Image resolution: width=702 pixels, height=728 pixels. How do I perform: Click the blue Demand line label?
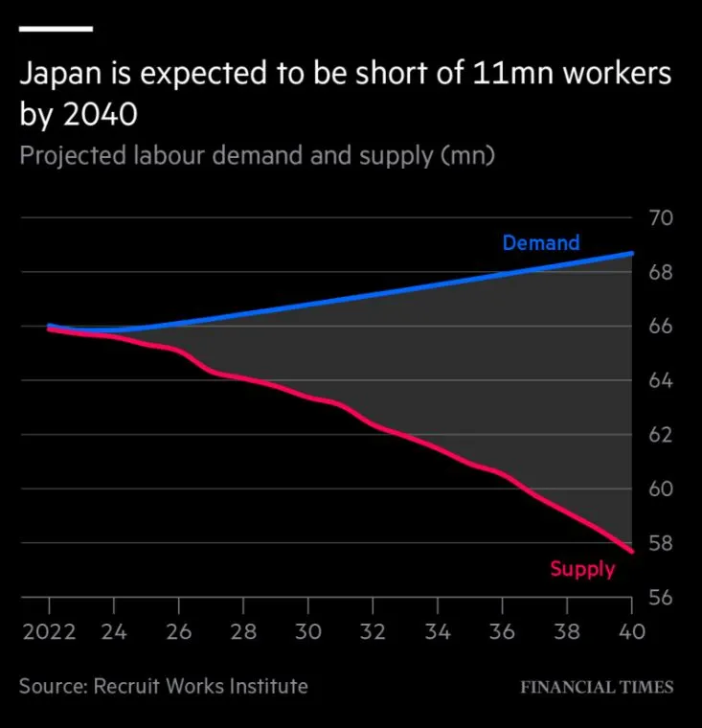pos(540,243)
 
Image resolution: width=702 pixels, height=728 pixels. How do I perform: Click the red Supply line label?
pos(582,569)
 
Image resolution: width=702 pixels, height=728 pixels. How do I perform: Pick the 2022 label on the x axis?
pos(48,632)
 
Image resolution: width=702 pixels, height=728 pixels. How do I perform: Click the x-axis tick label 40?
pos(630,632)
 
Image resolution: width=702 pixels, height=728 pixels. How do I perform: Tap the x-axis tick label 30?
pos(307,632)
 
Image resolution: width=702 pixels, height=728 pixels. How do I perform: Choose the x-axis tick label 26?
pos(178,632)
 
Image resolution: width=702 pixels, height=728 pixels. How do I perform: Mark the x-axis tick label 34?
pos(437,632)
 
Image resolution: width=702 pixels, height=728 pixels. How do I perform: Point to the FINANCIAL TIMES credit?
pos(597,687)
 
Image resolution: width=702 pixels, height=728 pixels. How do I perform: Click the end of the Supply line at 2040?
pos(631,552)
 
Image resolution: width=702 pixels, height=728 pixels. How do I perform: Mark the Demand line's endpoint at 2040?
pos(631,254)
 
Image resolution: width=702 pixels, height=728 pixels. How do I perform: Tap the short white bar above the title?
pos(56,29)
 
